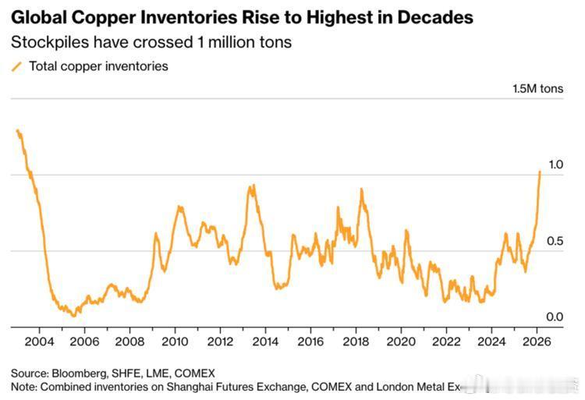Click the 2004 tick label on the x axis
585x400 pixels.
[39, 342]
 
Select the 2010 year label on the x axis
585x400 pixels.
[174, 342]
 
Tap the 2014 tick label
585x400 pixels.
[265, 342]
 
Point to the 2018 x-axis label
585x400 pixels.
[356, 342]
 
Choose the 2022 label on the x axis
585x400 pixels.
[446, 342]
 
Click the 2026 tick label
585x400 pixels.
[537, 342]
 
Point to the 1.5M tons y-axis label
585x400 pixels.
[537, 89]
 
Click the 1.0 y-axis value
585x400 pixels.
[555, 165]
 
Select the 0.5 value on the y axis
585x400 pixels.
[555, 241]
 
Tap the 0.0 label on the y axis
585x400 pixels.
[555, 317]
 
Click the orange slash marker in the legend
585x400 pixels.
[17, 67]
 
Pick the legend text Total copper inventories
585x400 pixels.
[98, 66]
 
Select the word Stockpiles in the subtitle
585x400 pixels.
[46, 41]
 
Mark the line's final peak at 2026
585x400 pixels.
[540, 171]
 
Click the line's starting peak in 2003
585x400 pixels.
[17, 130]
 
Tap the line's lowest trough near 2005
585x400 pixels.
[74, 315]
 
